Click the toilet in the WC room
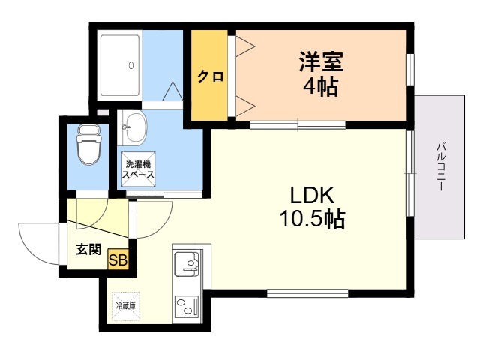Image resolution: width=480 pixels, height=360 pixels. point(88,144)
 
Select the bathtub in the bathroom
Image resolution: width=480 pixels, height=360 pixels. point(120,65)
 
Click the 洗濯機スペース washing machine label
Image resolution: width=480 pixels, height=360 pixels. point(138,169)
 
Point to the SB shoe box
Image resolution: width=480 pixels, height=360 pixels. point(118,260)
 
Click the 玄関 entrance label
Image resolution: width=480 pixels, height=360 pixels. point(88,249)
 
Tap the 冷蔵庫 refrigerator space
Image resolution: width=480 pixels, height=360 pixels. point(126,305)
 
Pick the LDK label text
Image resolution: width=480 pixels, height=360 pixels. point(312,195)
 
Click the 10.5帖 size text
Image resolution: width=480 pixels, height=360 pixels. point(313,218)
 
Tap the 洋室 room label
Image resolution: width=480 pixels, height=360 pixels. point(321,61)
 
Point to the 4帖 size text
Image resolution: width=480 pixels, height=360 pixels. point(321,86)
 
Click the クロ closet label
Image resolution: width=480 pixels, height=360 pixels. point(210,76)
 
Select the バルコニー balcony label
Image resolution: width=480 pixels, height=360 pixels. point(441,166)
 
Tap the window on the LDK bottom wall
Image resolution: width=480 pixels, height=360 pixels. point(307,293)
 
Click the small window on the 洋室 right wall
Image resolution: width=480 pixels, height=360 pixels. point(410,69)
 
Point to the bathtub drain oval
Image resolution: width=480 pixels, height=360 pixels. point(131,65)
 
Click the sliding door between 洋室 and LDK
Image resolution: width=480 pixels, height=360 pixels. point(298,125)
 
